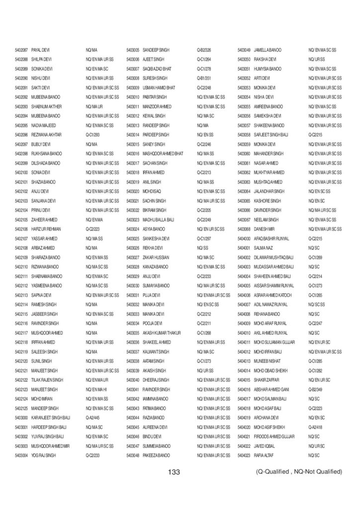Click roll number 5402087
[x=21, y=50]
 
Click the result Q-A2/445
[x=93, y=418]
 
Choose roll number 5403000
[x=21, y=418]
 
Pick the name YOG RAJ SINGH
[x=43, y=455]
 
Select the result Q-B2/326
[x=204, y=50]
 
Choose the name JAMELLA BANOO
[x=268, y=50]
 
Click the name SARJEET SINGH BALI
[x=271, y=135]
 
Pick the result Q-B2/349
[x=315, y=389]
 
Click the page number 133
[x=174, y=472]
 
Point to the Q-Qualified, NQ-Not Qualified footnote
[x=296, y=471]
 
